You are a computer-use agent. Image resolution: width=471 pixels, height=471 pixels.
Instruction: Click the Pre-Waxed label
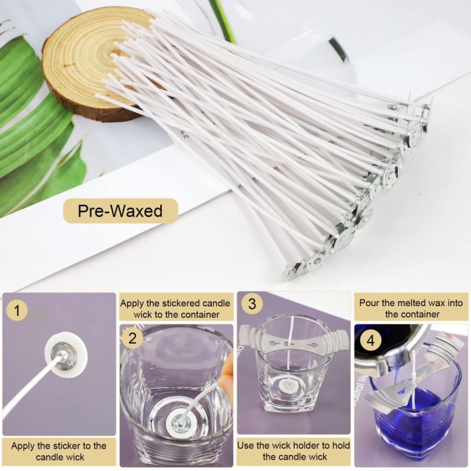[121, 210]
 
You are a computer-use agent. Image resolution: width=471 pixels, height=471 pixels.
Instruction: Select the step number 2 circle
[133, 338]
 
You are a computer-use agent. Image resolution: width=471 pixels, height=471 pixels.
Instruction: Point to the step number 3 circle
[252, 304]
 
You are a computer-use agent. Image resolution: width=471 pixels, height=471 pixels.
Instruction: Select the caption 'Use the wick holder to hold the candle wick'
[294, 451]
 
